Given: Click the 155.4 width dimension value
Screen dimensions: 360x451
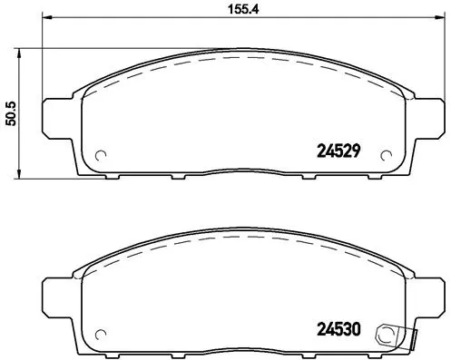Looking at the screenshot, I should [235, 11].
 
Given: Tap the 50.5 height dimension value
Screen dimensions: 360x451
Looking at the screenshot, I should [12, 113].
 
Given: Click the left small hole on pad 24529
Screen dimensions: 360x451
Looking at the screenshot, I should [102, 153].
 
